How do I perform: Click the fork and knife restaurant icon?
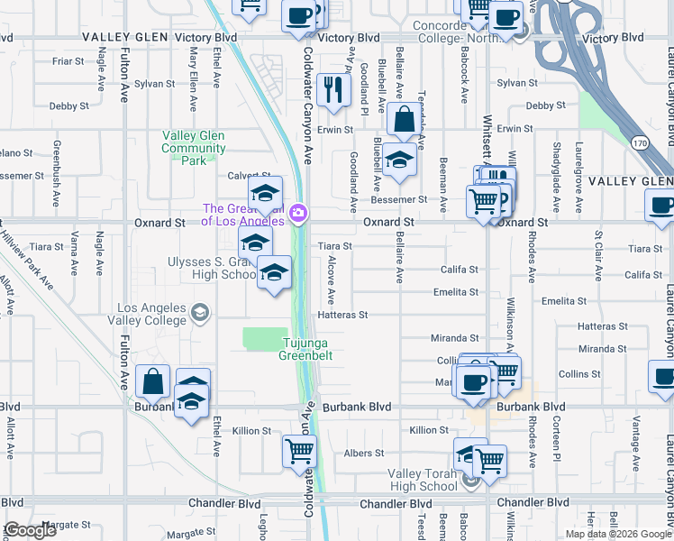click(x=334, y=89)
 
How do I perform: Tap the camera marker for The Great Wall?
click(x=298, y=214)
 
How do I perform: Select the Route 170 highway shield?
click(x=639, y=142)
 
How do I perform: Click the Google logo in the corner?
click(x=30, y=530)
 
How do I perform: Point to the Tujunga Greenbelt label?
click(x=308, y=349)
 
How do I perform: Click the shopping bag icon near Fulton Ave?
click(x=153, y=382)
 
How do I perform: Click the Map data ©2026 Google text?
click(x=616, y=534)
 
